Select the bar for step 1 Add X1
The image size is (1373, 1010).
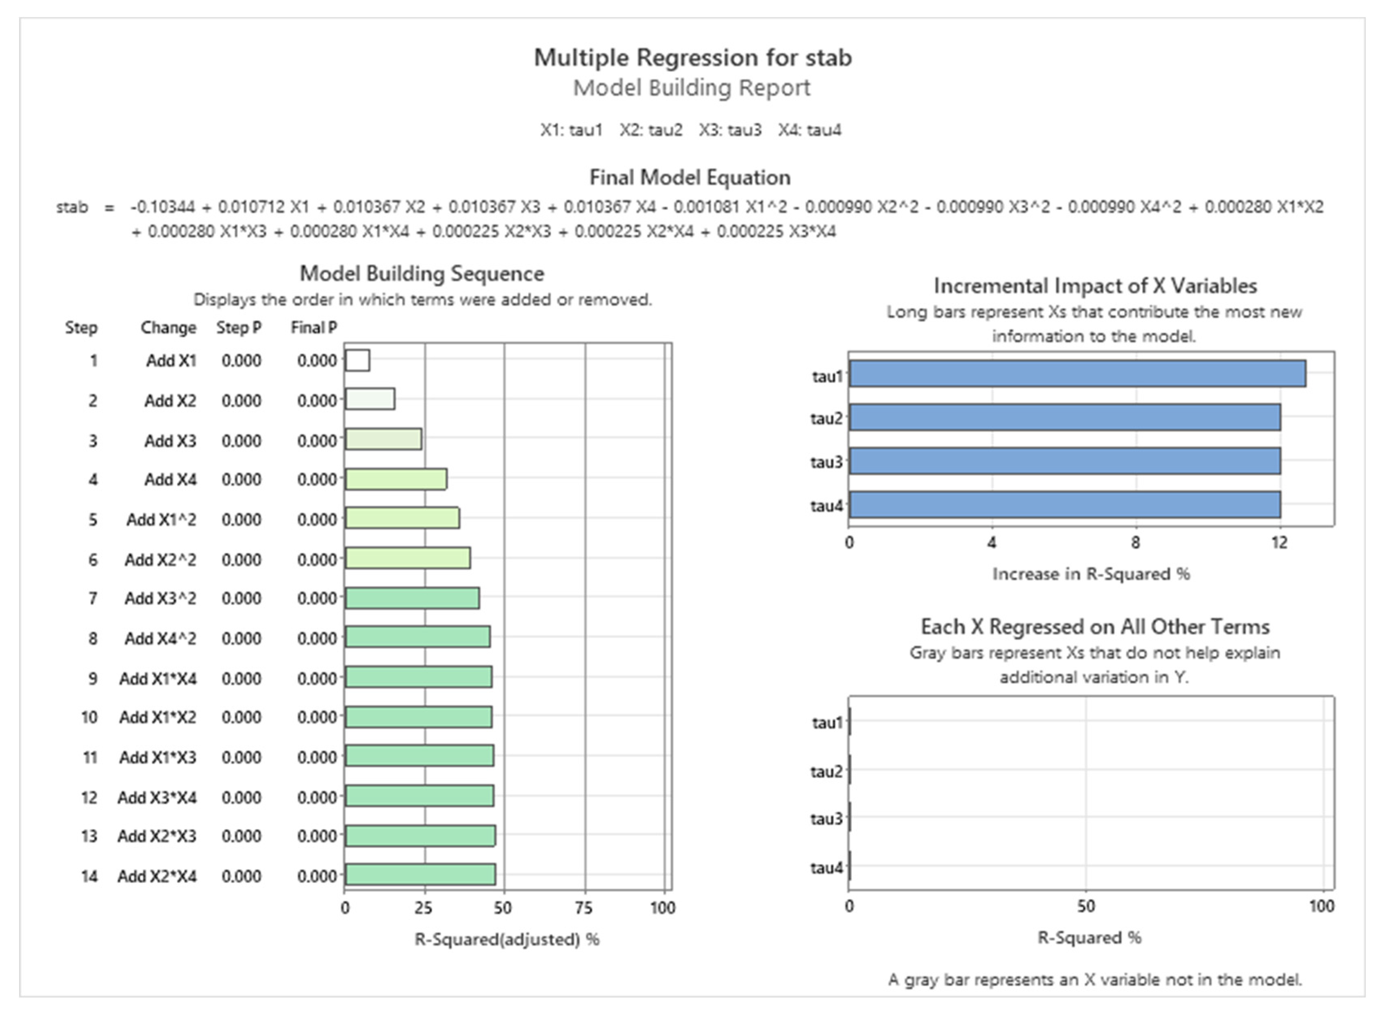click(357, 360)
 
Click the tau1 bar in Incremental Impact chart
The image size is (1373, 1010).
click(1077, 373)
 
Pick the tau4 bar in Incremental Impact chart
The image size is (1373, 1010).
click(1065, 504)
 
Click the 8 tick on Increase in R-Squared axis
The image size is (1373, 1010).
click(1135, 542)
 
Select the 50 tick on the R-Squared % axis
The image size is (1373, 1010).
click(1086, 906)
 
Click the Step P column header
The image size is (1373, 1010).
click(239, 328)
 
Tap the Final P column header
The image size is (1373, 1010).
click(313, 328)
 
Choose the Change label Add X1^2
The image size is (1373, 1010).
click(161, 520)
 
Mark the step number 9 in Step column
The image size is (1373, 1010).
click(92, 678)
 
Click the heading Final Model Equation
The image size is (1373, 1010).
click(690, 177)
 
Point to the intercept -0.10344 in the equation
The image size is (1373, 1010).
click(162, 207)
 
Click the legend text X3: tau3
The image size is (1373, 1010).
click(730, 130)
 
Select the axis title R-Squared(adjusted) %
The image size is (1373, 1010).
click(507, 939)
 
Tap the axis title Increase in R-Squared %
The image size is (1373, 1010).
click(1091, 574)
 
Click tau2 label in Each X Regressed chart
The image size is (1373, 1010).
click(826, 772)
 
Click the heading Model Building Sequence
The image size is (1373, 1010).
click(422, 273)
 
